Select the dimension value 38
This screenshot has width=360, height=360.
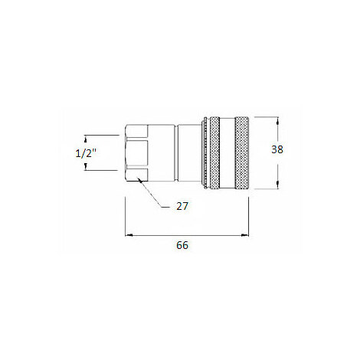[277, 150]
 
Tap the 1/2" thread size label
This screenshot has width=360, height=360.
[85, 152]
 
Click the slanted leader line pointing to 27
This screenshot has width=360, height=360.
[151, 194]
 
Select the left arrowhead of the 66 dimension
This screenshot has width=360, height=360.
[128, 234]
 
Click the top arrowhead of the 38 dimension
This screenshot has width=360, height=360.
[277, 120]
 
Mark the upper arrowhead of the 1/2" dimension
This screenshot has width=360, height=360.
[85, 136]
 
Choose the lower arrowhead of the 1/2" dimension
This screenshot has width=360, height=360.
[85, 169]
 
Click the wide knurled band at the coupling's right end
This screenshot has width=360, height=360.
[241, 152]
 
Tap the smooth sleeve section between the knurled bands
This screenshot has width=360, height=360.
[222, 152]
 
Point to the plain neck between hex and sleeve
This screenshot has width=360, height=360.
[188, 152]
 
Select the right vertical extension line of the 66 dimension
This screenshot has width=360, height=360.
[249, 214]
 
